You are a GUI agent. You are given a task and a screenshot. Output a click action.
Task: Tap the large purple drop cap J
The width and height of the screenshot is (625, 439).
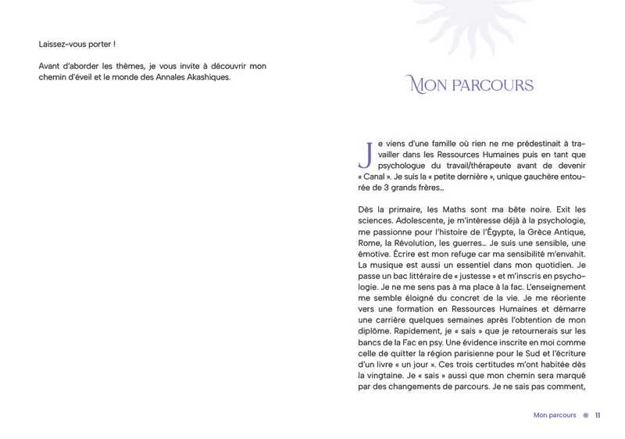364,154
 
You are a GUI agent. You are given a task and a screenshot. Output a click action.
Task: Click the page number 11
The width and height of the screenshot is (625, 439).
598,415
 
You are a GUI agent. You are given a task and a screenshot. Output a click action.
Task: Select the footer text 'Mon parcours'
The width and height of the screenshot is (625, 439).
555,415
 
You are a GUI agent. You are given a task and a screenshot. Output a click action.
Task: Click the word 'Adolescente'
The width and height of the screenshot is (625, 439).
423,221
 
